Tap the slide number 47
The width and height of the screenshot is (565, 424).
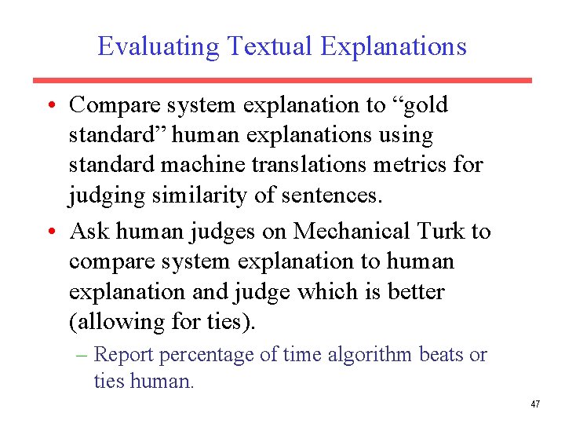pos(535,404)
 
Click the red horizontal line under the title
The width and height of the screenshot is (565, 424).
pos(282,80)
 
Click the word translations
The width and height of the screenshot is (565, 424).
pos(308,165)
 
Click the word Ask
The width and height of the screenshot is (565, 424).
pos(88,232)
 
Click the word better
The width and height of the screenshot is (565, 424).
pos(415,291)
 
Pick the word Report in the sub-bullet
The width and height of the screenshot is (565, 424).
pos(126,355)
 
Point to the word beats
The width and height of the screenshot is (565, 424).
pos(442,355)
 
